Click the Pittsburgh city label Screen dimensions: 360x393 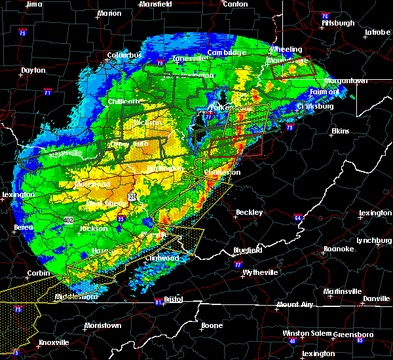[338, 23]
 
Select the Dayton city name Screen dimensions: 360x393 [33, 70]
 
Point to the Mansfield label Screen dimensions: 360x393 [155, 4]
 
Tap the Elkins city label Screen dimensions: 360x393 [340, 132]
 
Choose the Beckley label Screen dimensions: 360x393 [249, 212]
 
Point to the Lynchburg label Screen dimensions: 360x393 [373, 240]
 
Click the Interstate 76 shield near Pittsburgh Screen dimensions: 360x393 [325, 15]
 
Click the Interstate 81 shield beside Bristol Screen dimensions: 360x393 [158, 302]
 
